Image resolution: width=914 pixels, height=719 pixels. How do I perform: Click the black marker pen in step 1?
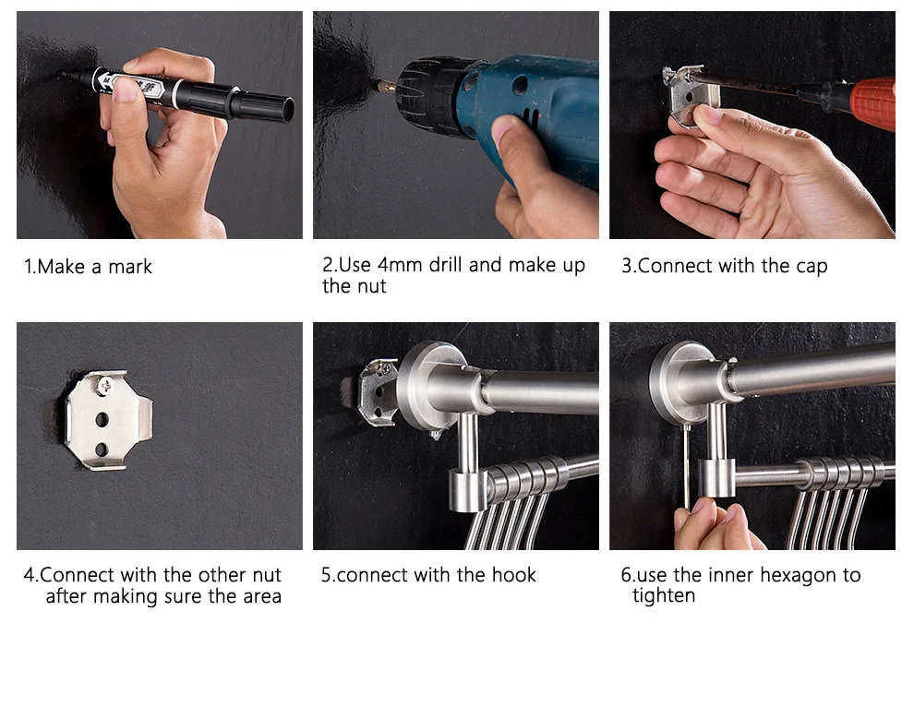click(x=174, y=93)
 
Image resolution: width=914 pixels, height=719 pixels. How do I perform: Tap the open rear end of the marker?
click(x=287, y=110)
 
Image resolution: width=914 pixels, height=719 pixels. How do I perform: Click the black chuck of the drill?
click(x=428, y=96)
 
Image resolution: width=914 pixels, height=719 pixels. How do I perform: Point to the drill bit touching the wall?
click(x=386, y=86)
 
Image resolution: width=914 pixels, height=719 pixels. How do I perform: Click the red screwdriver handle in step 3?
click(x=872, y=103)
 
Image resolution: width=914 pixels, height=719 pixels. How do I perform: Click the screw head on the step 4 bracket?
click(x=105, y=385)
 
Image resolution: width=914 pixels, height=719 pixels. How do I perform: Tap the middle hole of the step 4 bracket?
click(x=102, y=420)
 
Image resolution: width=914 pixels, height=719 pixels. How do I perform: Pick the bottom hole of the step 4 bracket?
click(x=102, y=449)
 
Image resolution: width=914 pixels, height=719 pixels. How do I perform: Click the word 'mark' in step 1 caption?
click(x=130, y=267)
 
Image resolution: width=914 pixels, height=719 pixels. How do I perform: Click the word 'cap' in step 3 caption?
click(x=812, y=267)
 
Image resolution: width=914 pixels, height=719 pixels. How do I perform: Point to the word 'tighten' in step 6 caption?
click(x=664, y=596)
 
